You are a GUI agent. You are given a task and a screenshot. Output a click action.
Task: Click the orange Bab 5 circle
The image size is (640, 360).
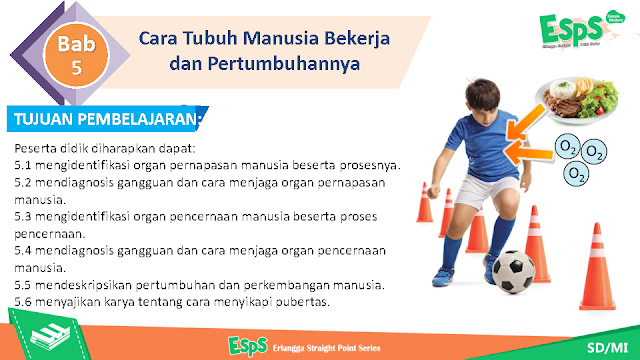click(x=76, y=55)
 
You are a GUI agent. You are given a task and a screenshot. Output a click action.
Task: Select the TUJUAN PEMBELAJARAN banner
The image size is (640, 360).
click(x=107, y=119)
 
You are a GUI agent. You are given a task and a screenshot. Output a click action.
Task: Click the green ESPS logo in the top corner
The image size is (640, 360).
click(x=576, y=29)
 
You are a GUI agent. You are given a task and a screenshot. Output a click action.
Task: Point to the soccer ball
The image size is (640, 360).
click(x=513, y=271)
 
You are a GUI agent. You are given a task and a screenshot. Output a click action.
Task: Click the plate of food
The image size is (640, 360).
click(x=577, y=100)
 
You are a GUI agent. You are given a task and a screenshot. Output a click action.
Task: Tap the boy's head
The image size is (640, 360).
click(x=482, y=100)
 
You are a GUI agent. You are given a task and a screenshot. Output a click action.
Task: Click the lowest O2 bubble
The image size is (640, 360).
click(x=576, y=173)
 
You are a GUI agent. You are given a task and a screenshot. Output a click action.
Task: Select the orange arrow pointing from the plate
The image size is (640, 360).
click(x=526, y=122)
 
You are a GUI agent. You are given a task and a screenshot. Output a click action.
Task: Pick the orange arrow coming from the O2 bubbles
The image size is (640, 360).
click(x=529, y=152)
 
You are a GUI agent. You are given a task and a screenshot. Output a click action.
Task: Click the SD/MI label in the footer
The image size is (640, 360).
click(x=607, y=347)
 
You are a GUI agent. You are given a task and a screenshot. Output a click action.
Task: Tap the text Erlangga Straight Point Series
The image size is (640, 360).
click(x=327, y=348)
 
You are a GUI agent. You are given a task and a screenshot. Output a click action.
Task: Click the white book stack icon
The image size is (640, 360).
click(x=50, y=337)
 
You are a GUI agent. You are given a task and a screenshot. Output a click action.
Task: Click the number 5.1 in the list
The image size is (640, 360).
click(x=23, y=165)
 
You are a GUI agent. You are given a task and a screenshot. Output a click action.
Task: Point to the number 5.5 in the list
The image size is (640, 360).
click(x=23, y=285)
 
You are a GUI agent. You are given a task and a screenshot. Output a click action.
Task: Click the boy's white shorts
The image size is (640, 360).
click(x=486, y=191)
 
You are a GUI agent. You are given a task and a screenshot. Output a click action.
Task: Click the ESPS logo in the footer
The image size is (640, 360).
click(x=248, y=346)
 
